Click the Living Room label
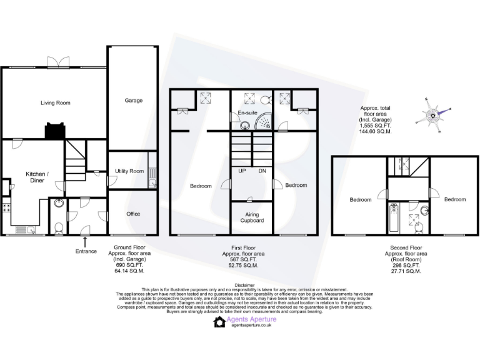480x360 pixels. [x=55, y=102]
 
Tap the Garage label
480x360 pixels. [x=133, y=100]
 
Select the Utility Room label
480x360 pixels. [x=129, y=171]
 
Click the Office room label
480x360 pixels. [x=133, y=214]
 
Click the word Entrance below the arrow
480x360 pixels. [x=86, y=251]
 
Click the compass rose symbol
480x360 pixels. [x=432, y=115]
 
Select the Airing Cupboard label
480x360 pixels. [x=252, y=217]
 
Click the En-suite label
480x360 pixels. [x=247, y=113]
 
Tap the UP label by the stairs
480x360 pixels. [x=242, y=170]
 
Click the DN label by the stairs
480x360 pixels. [x=262, y=170]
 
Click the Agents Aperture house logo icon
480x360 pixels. [x=219, y=322]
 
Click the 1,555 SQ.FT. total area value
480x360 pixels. [x=375, y=126]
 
